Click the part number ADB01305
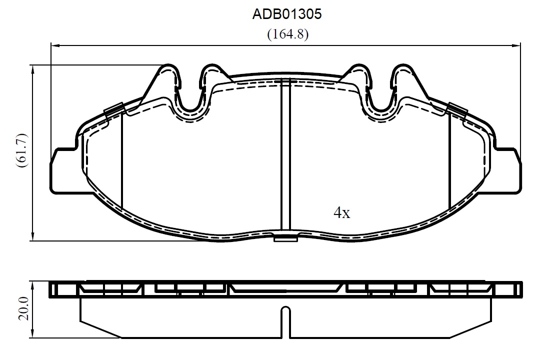(x=287, y=14)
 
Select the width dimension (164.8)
(x=287, y=34)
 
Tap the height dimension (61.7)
(x=21, y=150)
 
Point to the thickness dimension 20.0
(x=24, y=308)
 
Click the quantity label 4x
(x=342, y=213)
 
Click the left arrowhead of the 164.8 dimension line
(x=55, y=45)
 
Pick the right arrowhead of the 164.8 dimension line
(x=516, y=45)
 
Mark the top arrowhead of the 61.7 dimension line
(x=33, y=69)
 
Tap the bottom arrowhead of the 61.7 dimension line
(x=33, y=236)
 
